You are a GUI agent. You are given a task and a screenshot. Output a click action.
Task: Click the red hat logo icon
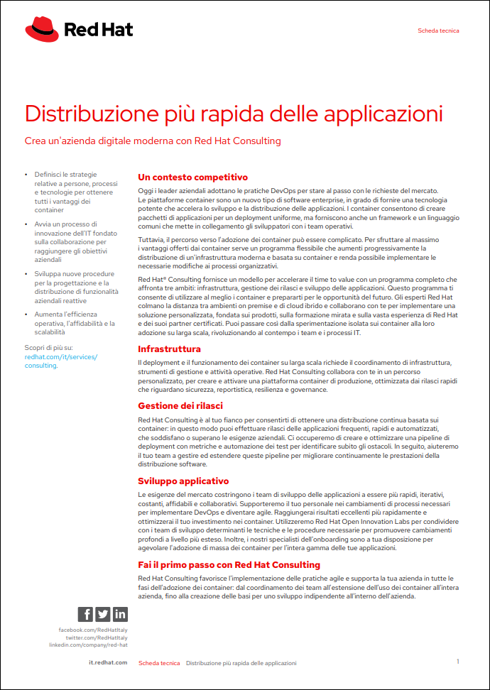coord(42,30)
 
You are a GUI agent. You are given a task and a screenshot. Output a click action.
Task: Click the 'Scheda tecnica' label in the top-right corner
coord(438,31)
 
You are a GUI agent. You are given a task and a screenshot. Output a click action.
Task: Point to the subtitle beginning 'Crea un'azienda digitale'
coord(153,141)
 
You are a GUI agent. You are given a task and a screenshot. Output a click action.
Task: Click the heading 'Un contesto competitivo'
coord(192,177)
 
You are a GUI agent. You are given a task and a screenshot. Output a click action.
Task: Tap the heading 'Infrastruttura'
coord(169,349)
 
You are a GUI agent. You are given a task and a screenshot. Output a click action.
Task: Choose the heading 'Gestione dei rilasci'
coord(180,405)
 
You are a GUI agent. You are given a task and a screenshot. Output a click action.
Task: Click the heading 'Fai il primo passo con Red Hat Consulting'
coord(229,565)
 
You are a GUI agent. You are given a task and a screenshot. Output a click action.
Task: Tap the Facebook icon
coord(85,615)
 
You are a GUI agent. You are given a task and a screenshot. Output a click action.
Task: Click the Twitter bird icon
coord(103,615)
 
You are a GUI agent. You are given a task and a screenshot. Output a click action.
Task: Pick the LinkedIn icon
coord(120,615)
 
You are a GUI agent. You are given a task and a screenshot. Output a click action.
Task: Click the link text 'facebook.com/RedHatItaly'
coord(93,630)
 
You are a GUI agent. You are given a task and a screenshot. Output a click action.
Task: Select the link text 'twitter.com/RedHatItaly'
coord(97,637)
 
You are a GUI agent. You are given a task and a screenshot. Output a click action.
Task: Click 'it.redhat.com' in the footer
coord(108,663)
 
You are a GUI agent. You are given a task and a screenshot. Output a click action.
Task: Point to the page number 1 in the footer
coord(458,662)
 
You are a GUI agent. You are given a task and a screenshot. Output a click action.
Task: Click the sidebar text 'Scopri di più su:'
coord(48,348)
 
